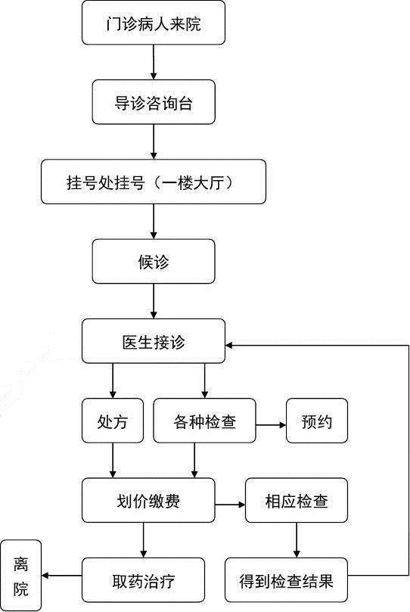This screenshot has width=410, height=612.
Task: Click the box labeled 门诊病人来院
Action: (154, 23)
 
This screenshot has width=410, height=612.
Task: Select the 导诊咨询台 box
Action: (154, 102)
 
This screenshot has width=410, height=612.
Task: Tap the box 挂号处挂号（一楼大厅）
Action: (154, 182)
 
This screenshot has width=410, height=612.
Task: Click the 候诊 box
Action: (154, 262)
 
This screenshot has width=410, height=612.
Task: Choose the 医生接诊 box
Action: (154, 341)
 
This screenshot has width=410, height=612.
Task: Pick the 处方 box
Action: (113, 421)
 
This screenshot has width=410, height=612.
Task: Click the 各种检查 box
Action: (204, 421)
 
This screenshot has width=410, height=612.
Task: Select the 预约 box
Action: (317, 421)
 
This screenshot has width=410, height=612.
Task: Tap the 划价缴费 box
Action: (148, 500)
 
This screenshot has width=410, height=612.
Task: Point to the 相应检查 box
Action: (296, 500)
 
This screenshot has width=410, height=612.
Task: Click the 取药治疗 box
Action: (143, 580)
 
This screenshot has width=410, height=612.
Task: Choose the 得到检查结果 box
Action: (286, 580)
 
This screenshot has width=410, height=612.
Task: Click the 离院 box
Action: (20, 576)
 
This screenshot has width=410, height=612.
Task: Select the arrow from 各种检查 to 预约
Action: (271, 424)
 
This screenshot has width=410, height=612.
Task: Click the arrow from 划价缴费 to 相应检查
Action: (230, 505)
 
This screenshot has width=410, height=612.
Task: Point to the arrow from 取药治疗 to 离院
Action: (61, 576)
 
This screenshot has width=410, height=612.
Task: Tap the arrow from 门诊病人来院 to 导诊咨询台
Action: (154, 63)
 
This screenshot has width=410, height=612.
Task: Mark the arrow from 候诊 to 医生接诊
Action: (154, 301)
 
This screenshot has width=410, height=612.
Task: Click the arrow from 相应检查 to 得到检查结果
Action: (296, 540)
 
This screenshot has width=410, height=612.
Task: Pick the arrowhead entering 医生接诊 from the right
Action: (229, 345)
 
